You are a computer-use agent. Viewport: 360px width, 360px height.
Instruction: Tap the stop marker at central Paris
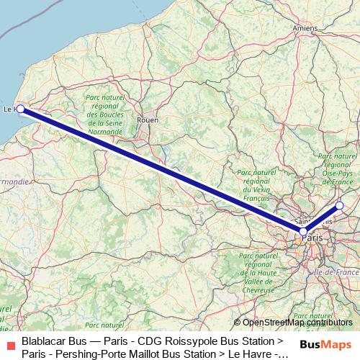(x=304, y=231)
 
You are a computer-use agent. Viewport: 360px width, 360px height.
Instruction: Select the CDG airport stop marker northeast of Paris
(x=340, y=207)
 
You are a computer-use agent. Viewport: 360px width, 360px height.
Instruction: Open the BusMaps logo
(x=324, y=345)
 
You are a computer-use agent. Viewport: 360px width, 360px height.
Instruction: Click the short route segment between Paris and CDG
(x=322, y=219)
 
